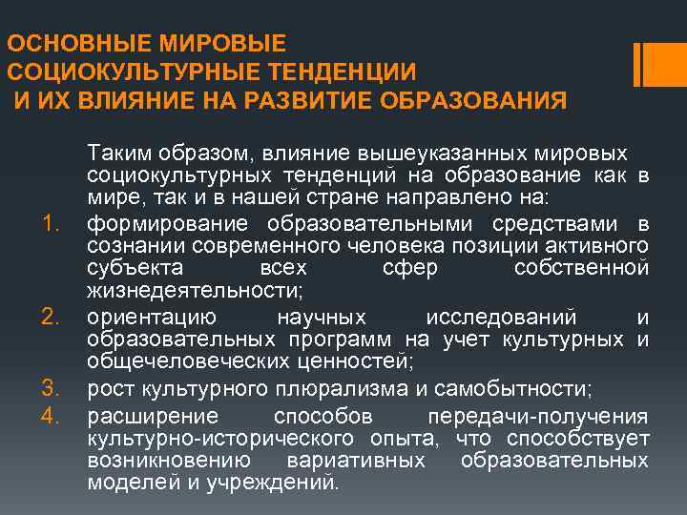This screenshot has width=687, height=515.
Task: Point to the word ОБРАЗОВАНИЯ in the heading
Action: [x=477, y=100]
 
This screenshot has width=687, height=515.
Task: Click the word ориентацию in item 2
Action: [x=152, y=317]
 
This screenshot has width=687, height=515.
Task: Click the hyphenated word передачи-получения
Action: [x=538, y=415]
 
